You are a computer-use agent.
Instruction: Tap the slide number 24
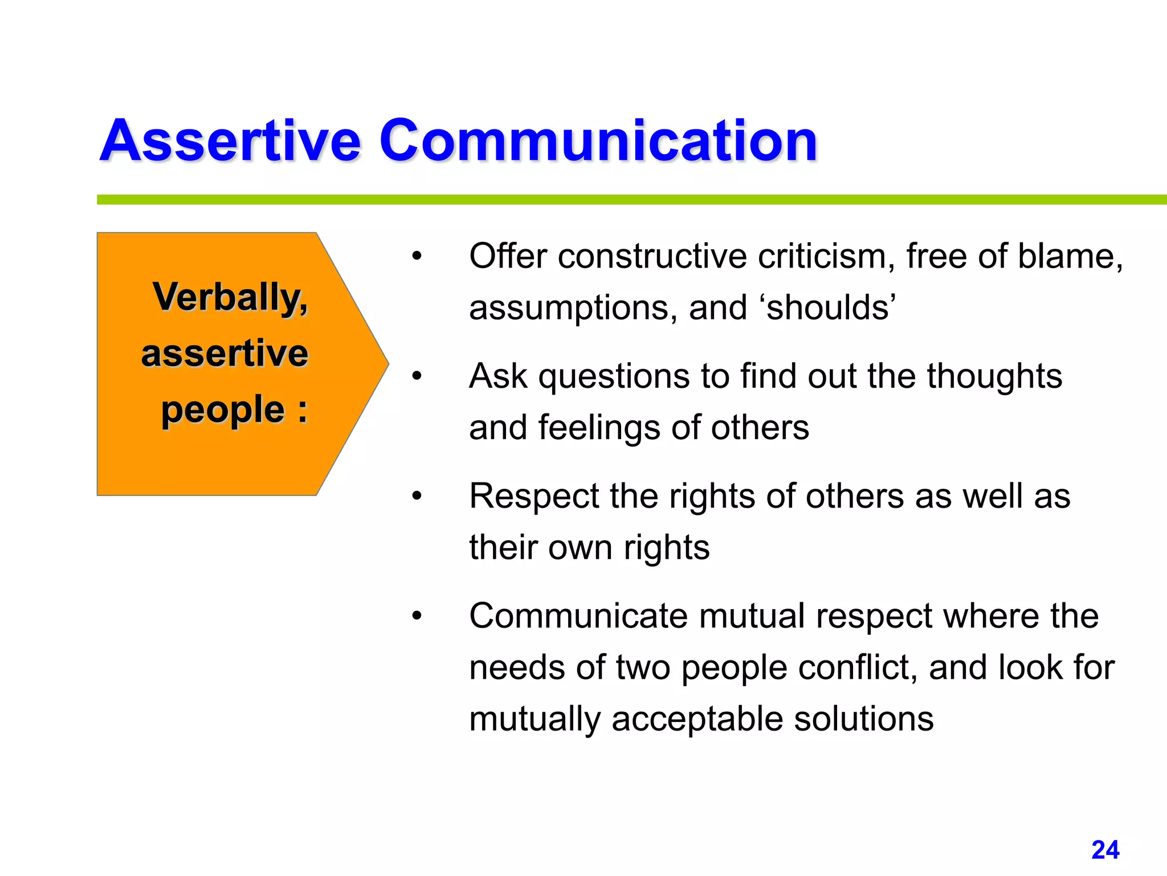tap(1105, 850)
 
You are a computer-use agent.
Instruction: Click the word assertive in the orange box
tap(225, 353)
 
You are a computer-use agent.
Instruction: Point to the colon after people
tap(302, 411)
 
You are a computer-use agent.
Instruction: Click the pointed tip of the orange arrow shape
tap(387, 363)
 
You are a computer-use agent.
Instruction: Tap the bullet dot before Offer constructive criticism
tap(417, 257)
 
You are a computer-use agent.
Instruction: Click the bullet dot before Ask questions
tap(417, 376)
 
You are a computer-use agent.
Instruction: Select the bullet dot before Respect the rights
tap(417, 496)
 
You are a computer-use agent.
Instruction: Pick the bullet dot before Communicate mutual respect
tap(417, 616)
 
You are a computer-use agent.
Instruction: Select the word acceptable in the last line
tap(697, 719)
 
